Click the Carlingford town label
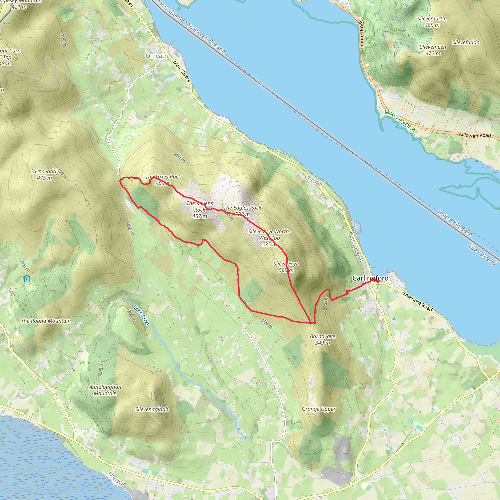click(370, 278)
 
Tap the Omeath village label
click(156, 56)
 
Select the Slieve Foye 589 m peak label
click(286, 267)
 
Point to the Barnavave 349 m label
click(323, 340)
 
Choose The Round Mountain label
click(46, 321)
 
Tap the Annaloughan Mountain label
click(105, 390)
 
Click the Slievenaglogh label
click(152, 409)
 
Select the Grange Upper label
click(319, 409)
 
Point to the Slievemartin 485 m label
click(432, 22)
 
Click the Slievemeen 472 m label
click(433, 50)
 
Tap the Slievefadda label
click(466, 42)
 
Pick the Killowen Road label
click(475, 135)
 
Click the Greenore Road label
click(417, 302)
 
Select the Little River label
click(141, 315)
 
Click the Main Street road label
click(182, 72)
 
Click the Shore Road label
click(361, 34)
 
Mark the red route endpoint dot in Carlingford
click(378, 281)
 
